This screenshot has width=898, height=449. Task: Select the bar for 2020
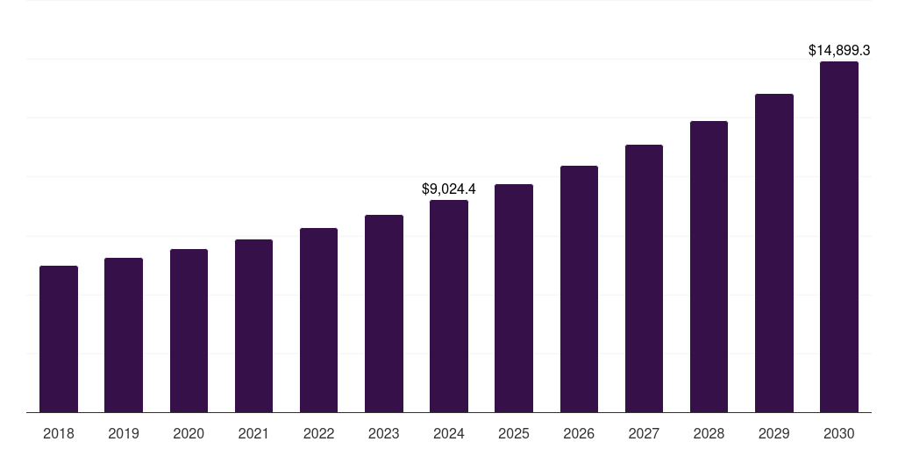tap(189, 331)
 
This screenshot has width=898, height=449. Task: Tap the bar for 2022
tap(318, 320)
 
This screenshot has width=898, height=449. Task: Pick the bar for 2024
tap(449, 306)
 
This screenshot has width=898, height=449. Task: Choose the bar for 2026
tap(579, 289)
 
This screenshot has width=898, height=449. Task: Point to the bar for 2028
tap(709, 267)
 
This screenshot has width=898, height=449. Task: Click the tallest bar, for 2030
tap(838, 237)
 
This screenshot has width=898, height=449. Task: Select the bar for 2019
tap(124, 335)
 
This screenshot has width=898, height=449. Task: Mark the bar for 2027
tap(644, 278)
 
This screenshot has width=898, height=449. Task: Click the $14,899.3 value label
tap(838, 51)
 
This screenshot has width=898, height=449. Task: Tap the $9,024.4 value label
tap(449, 189)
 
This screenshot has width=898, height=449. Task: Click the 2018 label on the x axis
tap(59, 433)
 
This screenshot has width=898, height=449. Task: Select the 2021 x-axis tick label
tap(253, 433)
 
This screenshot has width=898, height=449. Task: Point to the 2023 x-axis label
tap(383, 433)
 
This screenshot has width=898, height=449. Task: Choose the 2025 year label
tap(514, 433)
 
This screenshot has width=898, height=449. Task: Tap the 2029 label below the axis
tap(773, 433)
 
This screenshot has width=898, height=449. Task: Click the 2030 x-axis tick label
tap(838, 433)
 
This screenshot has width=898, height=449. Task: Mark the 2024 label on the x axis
tap(449, 433)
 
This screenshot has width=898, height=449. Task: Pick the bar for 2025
tap(514, 298)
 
